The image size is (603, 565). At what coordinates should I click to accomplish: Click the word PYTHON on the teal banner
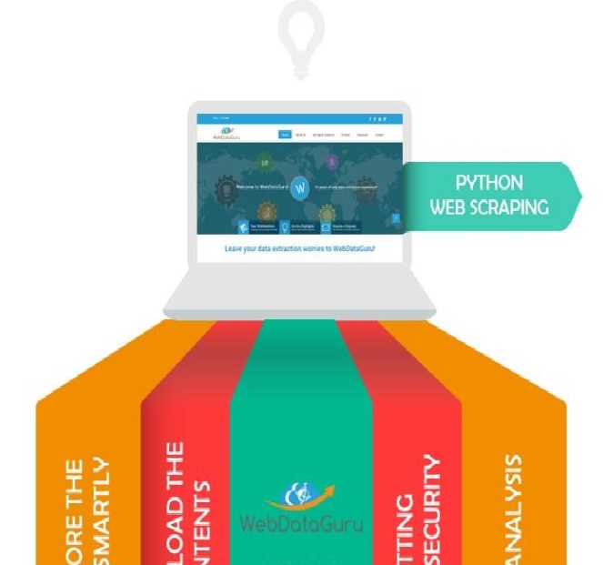pos(489,183)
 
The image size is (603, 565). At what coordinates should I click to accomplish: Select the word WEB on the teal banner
pos(448,207)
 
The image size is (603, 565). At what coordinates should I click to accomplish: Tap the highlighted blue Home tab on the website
pos(285,135)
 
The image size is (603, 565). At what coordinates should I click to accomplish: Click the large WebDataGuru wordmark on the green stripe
pos(300,522)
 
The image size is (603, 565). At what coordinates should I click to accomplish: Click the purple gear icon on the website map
pos(332,161)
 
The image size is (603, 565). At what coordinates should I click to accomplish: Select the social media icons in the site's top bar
pos(377,119)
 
